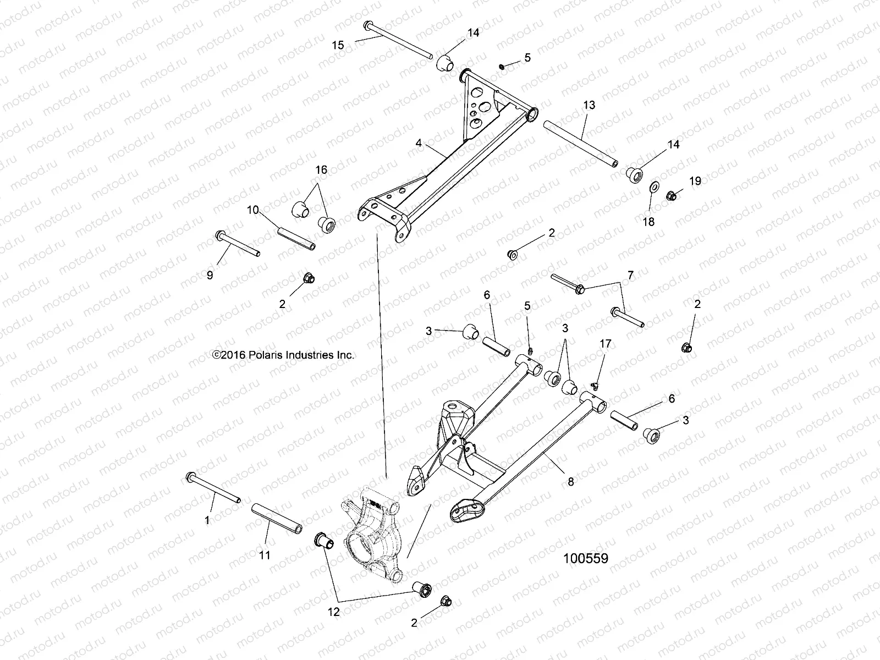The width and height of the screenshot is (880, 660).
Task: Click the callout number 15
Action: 338,45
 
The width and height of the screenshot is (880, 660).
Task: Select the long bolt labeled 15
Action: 399,40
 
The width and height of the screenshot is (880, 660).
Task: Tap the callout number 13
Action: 589,105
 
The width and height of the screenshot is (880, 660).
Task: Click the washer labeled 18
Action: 654,188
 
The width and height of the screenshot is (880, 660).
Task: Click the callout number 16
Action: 321,170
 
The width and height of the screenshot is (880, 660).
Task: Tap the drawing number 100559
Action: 585,559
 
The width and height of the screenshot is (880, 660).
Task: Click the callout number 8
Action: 570,481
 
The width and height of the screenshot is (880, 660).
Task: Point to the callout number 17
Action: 605,344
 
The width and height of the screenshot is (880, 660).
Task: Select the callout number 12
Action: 334,611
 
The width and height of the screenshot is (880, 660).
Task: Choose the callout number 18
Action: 649,221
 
